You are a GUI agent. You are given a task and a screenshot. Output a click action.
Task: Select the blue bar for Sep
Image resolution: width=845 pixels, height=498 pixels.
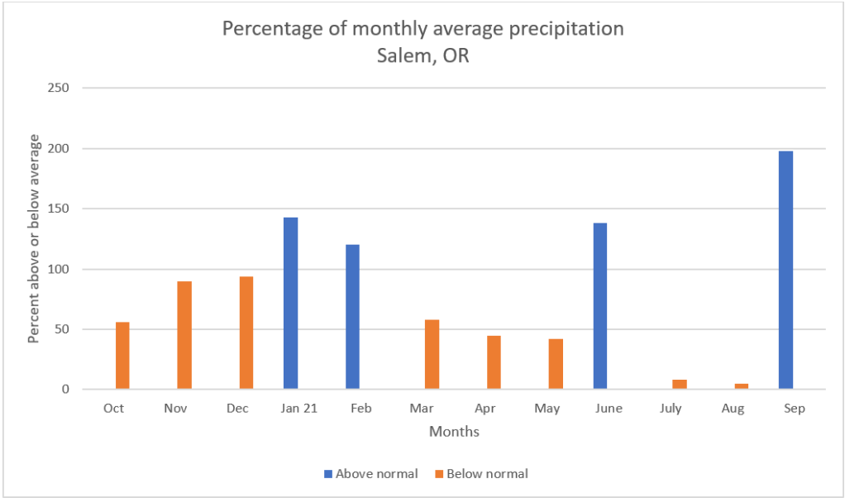coord(785,270)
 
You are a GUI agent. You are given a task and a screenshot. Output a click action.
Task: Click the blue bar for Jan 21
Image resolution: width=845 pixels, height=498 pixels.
coord(290,303)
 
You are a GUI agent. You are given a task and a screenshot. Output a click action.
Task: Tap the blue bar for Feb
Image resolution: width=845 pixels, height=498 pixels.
coord(352,317)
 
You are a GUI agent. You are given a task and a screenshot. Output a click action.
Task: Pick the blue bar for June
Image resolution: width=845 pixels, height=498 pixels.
coord(599,306)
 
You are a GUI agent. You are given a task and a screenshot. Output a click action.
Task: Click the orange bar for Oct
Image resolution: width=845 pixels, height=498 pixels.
coord(122,355)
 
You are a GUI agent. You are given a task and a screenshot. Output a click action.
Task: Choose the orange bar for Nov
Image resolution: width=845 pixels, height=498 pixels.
coord(184,335)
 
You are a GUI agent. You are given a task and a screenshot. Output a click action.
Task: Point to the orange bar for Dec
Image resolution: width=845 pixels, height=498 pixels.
coord(246,333)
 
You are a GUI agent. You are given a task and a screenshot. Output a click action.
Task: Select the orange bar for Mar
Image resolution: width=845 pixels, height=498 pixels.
coord(432,354)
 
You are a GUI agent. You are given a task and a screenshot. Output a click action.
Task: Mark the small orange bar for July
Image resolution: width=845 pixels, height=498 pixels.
coord(680,384)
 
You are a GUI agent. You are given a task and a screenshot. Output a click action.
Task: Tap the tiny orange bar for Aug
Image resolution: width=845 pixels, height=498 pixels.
coord(742,386)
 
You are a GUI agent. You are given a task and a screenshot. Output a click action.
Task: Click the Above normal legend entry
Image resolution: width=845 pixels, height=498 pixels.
coord(371,474)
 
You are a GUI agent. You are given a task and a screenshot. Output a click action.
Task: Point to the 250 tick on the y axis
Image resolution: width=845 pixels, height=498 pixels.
coord(58,89)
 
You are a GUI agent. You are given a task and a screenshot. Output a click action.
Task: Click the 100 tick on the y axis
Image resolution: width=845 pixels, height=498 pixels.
coord(58,269)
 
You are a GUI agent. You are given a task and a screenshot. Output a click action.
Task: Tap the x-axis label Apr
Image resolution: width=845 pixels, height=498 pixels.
coord(485,409)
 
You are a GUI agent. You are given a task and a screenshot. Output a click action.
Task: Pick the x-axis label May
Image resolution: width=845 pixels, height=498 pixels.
coord(547,409)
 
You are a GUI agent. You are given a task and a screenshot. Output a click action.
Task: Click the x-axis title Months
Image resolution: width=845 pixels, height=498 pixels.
coord(454,432)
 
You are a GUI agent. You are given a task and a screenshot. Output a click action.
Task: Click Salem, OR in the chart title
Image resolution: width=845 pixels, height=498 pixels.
coord(422,55)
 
